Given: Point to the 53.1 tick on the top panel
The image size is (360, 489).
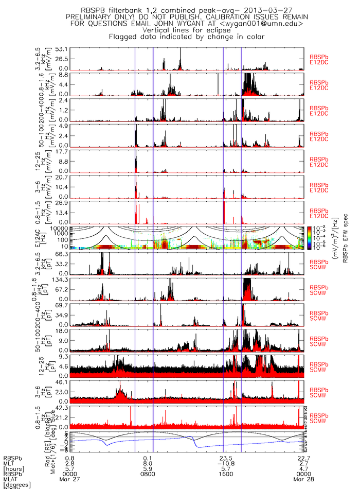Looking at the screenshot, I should (x=62, y=48).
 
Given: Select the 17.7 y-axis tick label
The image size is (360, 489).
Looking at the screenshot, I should (x=62, y=151).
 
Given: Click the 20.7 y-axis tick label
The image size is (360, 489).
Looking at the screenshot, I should (x=62, y=177).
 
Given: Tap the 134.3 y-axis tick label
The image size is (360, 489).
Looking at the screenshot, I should (x=60, y=280).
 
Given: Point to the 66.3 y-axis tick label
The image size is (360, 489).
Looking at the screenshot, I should (x=62, y=254).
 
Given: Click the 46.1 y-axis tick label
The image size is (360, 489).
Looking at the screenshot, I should (x=62, y=382).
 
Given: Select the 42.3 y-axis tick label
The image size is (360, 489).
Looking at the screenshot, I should (x=62, y=408).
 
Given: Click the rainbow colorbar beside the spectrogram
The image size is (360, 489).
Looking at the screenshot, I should (x=309, y=237).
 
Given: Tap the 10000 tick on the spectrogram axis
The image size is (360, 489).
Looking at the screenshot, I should (x=60, y=228).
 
